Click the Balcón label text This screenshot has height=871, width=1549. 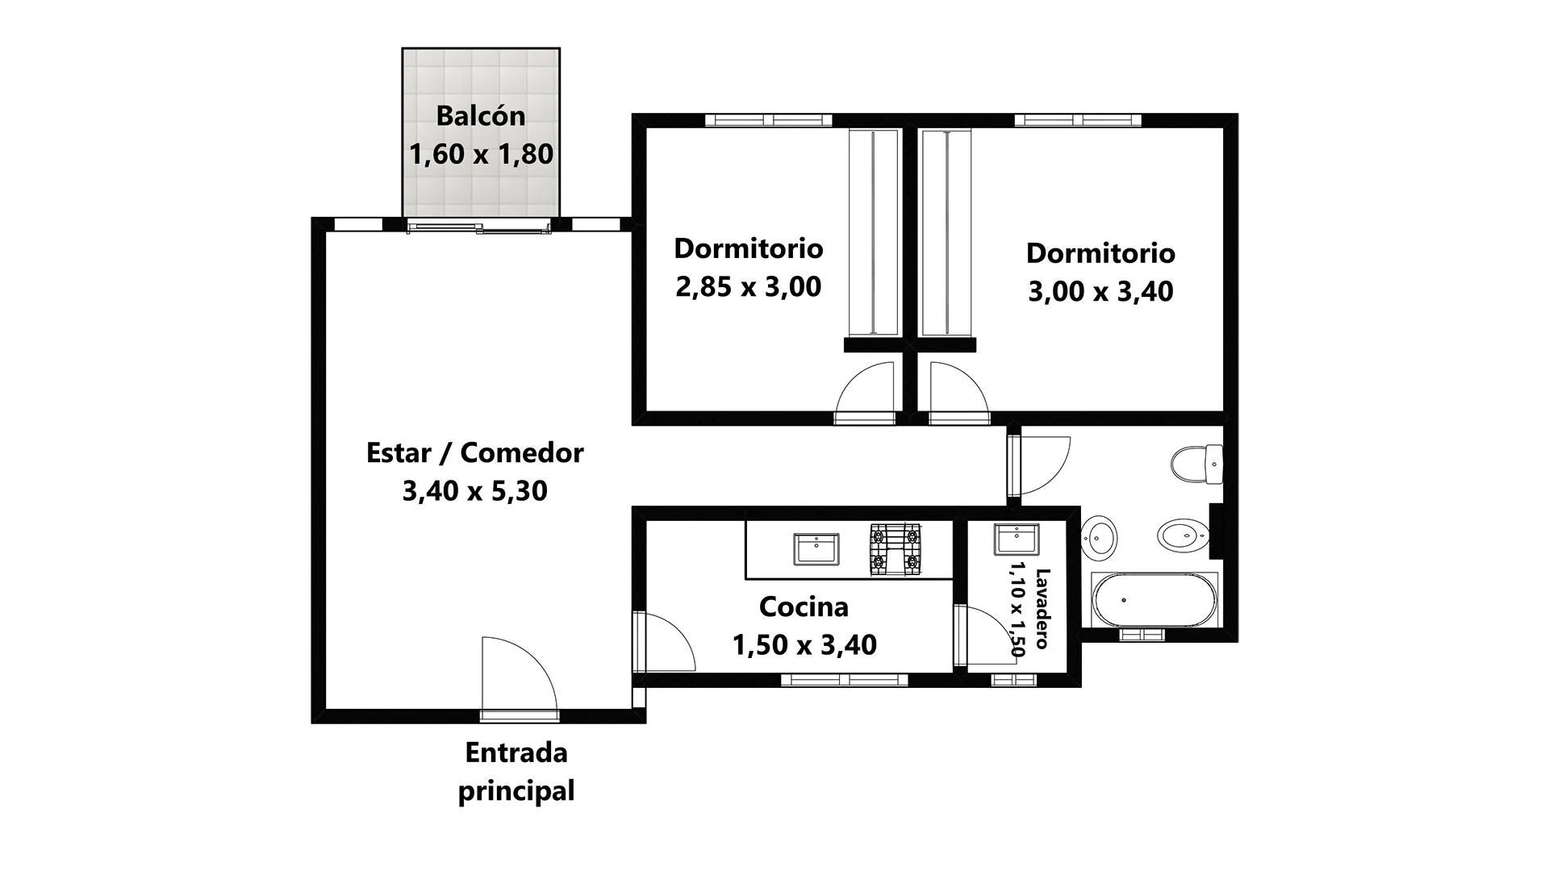(x=481, y=116)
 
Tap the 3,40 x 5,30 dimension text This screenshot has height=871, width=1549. (x=475, y=490)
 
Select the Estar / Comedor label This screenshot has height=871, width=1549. (x=475, y=452)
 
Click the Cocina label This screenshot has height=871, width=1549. (x=804, y=606)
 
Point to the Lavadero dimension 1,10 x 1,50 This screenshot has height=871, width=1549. (x=1016, y=609)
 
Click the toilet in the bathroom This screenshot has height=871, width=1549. (x=1197, y=465)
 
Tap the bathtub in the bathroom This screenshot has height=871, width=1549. (x=1154, y=600)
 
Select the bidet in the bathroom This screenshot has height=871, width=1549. (x=1184, y=534)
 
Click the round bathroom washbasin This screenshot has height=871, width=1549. (x=1099, y=536)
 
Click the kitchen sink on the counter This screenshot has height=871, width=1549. (x=816, y=548)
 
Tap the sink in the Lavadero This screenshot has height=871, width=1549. (x=1016, y=539)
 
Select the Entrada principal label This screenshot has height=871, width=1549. (x=516, y=772)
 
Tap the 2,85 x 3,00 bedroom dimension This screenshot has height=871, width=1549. (x=748, y=286)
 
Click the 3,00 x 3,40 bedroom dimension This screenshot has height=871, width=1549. (x=1100, y=291)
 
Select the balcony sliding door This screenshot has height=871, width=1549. (x=479, y=227)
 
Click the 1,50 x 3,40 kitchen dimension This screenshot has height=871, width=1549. (x=804, y=644)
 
